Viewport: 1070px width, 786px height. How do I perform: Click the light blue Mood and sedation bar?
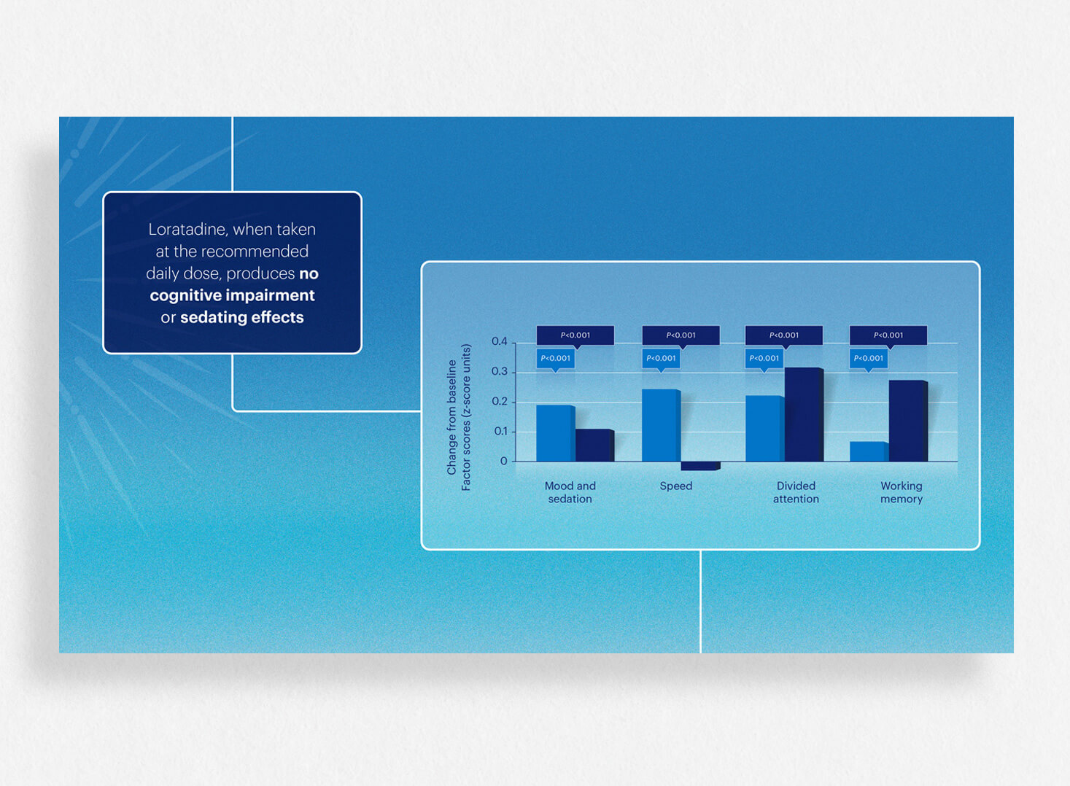click(555, 433)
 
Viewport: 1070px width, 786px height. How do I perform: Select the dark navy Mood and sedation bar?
click(594, 445)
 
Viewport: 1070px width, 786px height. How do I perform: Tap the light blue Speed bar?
click(661, 425)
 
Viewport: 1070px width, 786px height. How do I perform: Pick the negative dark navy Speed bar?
click(700, 466)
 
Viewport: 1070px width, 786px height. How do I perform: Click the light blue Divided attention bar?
click(765, 428)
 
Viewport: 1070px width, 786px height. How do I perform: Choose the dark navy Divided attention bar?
click(804, 414)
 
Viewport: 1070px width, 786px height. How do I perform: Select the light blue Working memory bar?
click(869, 451)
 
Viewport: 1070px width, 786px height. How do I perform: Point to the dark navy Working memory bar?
click(908, 421)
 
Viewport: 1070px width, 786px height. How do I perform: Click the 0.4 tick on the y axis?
click(500, 341)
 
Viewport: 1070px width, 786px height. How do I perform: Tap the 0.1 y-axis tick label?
click(500, 431)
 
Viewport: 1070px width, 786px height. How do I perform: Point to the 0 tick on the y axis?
click(503, 462)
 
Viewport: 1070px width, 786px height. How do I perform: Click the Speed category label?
click(675, 486)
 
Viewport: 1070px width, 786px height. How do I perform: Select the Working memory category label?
click(902, 492)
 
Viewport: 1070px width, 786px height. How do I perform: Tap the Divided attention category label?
click(796, 492)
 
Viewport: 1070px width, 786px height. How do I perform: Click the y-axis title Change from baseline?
click(451, 417)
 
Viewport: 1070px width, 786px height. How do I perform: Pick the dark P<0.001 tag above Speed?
click(681, 336)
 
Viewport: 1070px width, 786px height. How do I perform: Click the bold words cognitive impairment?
click(232, 295)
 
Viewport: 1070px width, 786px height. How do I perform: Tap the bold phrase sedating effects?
click(241, 318)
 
